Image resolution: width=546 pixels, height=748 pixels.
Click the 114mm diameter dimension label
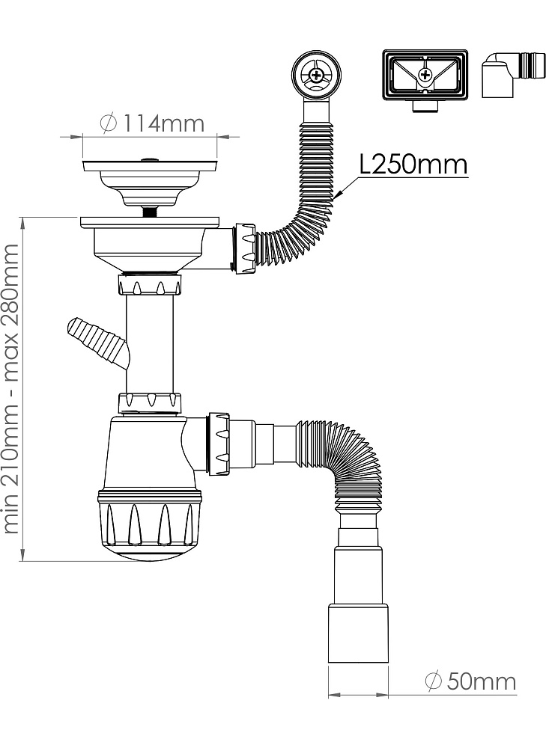[153, 123]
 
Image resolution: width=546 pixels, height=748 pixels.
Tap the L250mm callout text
[413, 165]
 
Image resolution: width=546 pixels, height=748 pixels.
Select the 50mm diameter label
[470, 682]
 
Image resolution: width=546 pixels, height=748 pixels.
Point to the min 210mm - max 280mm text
[11, 388]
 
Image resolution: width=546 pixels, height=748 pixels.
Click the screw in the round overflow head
[316, 74]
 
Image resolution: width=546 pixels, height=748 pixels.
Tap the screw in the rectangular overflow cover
[425, 74]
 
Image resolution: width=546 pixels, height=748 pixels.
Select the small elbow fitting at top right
[512, 74]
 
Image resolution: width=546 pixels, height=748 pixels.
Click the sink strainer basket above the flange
[150, 180]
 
